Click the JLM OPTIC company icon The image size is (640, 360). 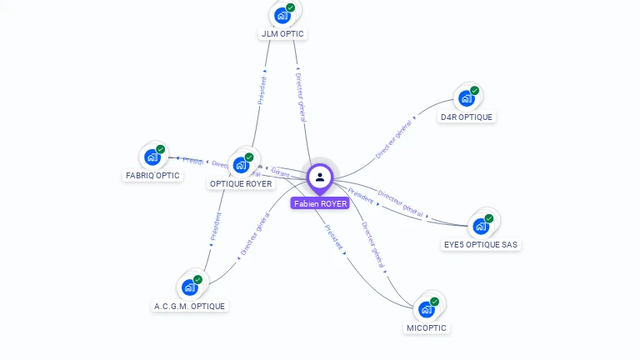pos(282,14)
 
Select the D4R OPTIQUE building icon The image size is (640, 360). pos(467,97)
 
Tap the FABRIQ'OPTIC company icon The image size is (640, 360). pos(152,156)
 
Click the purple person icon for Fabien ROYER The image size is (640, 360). pos(320,177)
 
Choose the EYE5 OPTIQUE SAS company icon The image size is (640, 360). pos(481,225)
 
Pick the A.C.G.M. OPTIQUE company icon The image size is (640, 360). pos(190,287)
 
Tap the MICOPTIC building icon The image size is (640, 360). pos(427,308)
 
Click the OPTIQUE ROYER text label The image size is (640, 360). pos(241,184)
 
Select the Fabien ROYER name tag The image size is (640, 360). pos(320,203)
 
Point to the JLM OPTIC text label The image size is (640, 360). pos(282,34)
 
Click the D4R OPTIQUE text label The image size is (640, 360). pos(467,117)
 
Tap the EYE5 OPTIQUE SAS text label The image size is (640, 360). pos(481,245)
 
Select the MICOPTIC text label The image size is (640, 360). pos(427,328)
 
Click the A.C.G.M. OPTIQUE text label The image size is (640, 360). pos(190,307)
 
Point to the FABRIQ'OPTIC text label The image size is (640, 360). pos(152,176)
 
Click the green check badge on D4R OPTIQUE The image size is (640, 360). pos(474,90)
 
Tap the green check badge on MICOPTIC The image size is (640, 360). pos(434,301)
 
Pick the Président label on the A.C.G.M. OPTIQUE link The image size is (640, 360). pos(216,227)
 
